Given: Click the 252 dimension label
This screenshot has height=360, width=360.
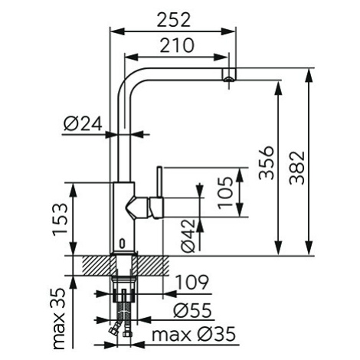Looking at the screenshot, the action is pos(174,20).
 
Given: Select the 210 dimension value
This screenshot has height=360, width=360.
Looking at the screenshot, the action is pos(177,45).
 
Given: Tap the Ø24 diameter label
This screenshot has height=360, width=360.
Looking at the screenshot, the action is pos(83,123).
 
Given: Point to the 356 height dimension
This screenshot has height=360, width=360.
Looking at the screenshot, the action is pos(266,162).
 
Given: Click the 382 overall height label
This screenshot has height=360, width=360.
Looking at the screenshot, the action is pos(297,168).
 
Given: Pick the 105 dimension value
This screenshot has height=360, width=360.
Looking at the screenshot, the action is pos(226,192).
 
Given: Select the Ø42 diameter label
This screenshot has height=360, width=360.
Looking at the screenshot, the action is pos(188,235).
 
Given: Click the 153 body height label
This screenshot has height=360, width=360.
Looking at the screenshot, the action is pos(61,220).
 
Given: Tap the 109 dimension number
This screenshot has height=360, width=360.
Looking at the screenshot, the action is pos(193,283).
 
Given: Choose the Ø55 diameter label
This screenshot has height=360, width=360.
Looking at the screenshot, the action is pos(193,310).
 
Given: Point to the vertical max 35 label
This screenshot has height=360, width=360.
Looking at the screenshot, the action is pos(58,319).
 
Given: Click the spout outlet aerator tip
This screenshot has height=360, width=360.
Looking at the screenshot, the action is pos(228,79).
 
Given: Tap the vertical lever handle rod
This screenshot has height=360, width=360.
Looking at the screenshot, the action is pos(159,182).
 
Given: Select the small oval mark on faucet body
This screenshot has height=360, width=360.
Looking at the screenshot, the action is pos(123,244).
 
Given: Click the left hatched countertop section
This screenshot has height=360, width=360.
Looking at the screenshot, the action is pos(97,266).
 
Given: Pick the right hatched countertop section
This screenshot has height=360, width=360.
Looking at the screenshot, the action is pos(153,266).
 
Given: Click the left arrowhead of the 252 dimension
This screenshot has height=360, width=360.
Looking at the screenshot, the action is pos(117,31).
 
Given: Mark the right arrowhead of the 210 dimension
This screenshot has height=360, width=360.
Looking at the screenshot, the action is pos(220,57).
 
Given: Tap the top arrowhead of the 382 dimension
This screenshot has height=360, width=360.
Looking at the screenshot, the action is pos(309,76).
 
